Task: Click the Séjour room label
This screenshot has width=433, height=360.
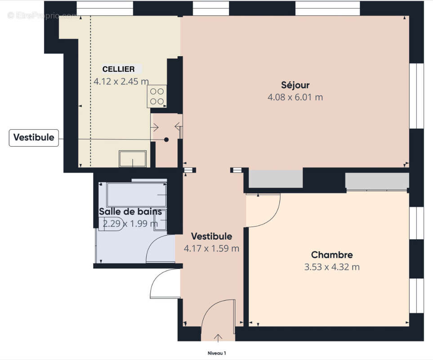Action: (x=295, y=85)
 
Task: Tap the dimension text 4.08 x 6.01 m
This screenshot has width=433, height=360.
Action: (x=295, y=97)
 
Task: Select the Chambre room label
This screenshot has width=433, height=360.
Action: (x=331, y=255)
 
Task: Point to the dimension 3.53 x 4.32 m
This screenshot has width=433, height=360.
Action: (x=331, y=267)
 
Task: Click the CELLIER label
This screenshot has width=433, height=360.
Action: (x=118, y=69)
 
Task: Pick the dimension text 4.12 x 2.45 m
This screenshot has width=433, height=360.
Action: (x=121, y=81)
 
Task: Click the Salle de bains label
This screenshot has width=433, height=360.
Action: (x=130, y=211)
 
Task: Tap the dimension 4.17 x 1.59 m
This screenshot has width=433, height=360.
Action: (x=211, y=248)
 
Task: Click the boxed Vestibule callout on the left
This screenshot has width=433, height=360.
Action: (x=34, y=137)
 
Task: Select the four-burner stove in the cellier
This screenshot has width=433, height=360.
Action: (x=156, y=96)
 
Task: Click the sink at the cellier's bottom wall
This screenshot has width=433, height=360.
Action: (x=132, y=158)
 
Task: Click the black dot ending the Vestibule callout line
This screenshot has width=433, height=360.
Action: (x=166, y=139)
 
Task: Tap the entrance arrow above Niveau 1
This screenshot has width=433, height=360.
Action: (x=219, y=337)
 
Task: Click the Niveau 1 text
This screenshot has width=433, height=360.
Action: (x=216, y=353)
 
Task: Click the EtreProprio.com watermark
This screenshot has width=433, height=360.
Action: (x=43, y=15)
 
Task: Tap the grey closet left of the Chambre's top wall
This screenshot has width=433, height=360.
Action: (x=276, y=179)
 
